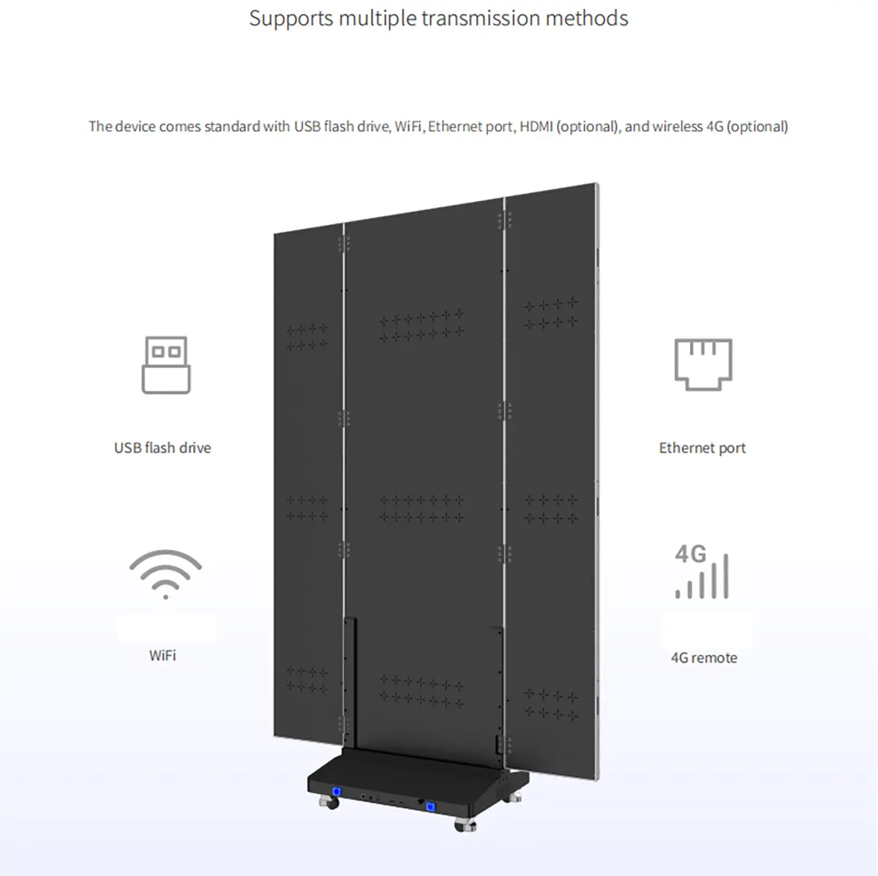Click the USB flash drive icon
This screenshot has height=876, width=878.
(x=166, y=365)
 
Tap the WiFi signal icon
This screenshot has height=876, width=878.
(x=165, y=574)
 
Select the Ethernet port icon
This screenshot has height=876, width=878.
(x=703, y=363)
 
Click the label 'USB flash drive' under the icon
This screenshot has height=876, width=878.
(x=162, y=448)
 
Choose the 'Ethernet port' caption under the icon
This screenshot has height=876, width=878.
(x=702, y=448)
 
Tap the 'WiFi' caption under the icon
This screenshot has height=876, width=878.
(x=162, y=655)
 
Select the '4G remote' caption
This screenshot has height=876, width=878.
(x=704, y=657)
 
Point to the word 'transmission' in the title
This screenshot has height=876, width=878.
(x=468, y=18)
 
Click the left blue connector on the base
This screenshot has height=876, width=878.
(x=337, y=791)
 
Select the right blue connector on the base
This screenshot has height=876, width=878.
(x=431, y=806)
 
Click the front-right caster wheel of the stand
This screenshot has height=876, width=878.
(x=465, y=826)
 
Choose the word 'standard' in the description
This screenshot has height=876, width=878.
(x=232, y=127)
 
